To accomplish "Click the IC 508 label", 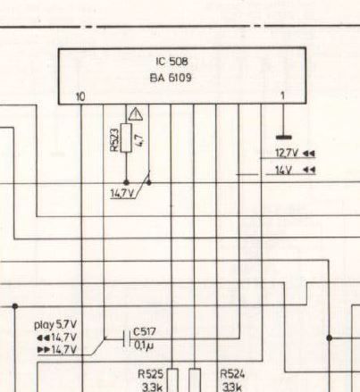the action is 172,62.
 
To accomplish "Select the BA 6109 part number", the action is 171,78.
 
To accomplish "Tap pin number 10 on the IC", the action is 80,96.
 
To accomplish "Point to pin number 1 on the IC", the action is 282,96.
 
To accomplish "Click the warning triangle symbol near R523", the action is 136,114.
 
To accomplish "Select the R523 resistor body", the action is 126,138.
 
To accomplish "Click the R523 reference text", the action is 114,139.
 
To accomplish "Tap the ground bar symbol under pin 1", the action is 284,138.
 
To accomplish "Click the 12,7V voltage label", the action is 287,154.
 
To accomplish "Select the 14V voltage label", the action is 283,171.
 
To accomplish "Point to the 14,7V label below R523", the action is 122,194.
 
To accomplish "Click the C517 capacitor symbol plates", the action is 127,338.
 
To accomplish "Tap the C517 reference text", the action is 144,332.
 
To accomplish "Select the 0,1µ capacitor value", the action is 144,346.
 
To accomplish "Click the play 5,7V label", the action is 55,325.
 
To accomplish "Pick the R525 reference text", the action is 151,374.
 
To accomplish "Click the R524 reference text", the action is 232,374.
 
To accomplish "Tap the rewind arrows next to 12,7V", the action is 309,154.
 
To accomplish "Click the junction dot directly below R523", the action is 126,182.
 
